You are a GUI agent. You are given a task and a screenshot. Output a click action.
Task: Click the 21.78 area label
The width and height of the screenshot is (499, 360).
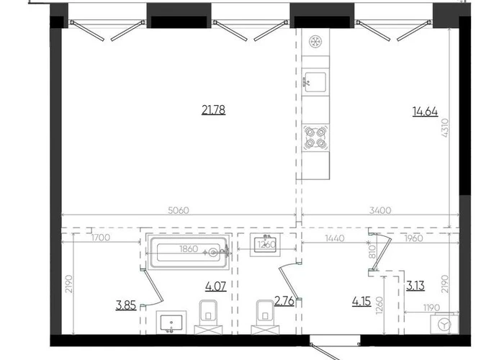pos(214,110)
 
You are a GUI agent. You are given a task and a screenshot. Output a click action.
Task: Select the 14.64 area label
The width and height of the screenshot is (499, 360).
pos(425,112)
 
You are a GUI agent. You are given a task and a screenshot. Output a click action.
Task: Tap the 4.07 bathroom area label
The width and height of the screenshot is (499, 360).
pos(216,287)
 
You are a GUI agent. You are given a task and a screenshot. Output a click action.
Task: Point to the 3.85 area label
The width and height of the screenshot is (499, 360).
pos(126,305)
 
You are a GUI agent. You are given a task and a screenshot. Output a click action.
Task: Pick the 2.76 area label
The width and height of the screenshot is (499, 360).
pos(284,301)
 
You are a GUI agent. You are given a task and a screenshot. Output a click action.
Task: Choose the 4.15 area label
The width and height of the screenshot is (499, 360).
pos(361,301)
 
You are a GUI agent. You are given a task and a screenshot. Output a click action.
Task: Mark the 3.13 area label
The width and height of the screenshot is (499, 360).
pos(415,286)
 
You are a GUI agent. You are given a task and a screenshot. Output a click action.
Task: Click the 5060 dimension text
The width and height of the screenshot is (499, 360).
pos(179,210)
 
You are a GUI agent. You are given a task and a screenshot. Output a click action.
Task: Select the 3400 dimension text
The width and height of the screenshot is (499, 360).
pos(380,210)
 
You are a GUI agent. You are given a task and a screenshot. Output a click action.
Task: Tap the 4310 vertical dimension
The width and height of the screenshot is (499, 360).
pos(445,127)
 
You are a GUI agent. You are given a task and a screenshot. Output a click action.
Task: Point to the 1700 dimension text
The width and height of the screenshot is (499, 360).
pos(101,238)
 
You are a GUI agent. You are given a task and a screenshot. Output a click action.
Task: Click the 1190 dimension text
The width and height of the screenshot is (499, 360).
pos(431,307)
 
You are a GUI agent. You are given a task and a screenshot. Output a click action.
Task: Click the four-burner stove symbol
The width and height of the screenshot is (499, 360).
pos(315,138)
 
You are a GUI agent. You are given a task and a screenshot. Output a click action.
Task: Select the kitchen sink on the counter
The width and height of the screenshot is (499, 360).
pos(315,82)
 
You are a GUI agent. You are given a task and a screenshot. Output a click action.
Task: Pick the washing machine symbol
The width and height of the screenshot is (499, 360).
pos(444,324)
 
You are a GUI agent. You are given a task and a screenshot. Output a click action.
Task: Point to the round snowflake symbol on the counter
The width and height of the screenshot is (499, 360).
pos(315,42)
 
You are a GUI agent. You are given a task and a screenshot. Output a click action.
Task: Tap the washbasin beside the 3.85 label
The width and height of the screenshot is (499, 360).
pos(171,323)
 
